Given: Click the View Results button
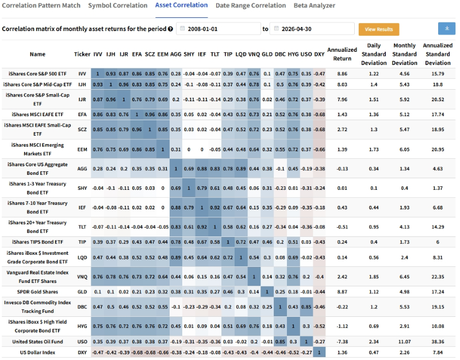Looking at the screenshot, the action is click(379, 29).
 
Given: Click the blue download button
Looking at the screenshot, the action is click(447, 28).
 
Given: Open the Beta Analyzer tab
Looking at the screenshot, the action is click(314, 5).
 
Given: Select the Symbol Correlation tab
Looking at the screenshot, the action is click(118, 5).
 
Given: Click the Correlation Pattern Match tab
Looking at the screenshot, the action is click(41, 5).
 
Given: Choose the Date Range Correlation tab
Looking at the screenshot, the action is click(251, 5).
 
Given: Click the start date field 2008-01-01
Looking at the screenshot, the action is click(218, 29).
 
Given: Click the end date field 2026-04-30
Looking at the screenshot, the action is click(312, 29).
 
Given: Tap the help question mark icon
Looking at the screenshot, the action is click(170, 29).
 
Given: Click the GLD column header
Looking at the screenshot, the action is click(267, 54).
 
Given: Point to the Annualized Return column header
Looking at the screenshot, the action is click(342, 54).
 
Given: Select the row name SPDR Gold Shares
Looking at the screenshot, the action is click(37, 292).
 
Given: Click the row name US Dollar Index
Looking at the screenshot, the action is click(37, 353).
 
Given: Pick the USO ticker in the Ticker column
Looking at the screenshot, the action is click(82, 342).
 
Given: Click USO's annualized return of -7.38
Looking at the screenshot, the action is click(342, 342).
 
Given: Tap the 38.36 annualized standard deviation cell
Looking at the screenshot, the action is click(438, 342).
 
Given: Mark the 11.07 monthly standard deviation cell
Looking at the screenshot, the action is click(405, 342).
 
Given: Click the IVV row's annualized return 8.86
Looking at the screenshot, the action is click(342, 74).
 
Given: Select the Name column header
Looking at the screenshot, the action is click(37, 54).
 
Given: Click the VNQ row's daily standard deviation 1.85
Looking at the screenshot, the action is click(374, 277).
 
